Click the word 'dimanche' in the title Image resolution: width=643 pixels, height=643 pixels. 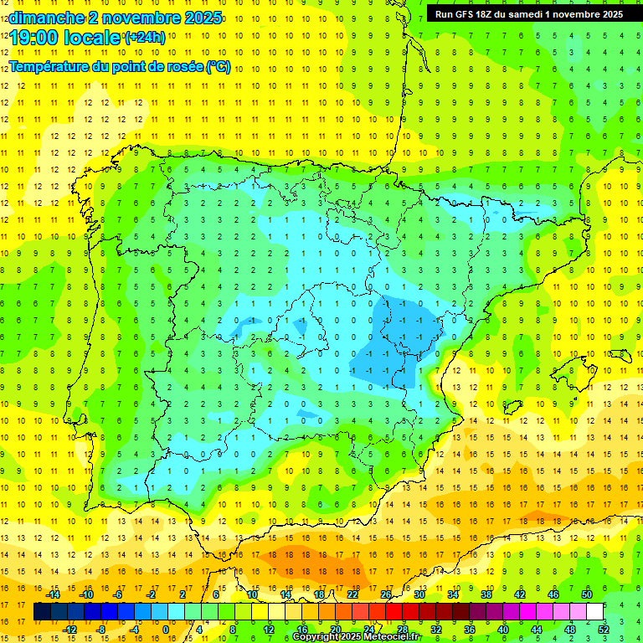[42, 18]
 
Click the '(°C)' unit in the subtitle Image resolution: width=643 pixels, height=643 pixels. [219, 67]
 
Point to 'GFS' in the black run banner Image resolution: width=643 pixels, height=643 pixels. [471, 14]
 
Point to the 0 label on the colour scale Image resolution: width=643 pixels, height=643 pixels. [167, 629]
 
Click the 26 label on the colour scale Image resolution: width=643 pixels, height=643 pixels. [386, 594]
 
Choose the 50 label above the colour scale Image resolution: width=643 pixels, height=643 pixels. [587, 594]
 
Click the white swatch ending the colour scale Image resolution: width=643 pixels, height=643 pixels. [594, 612]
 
